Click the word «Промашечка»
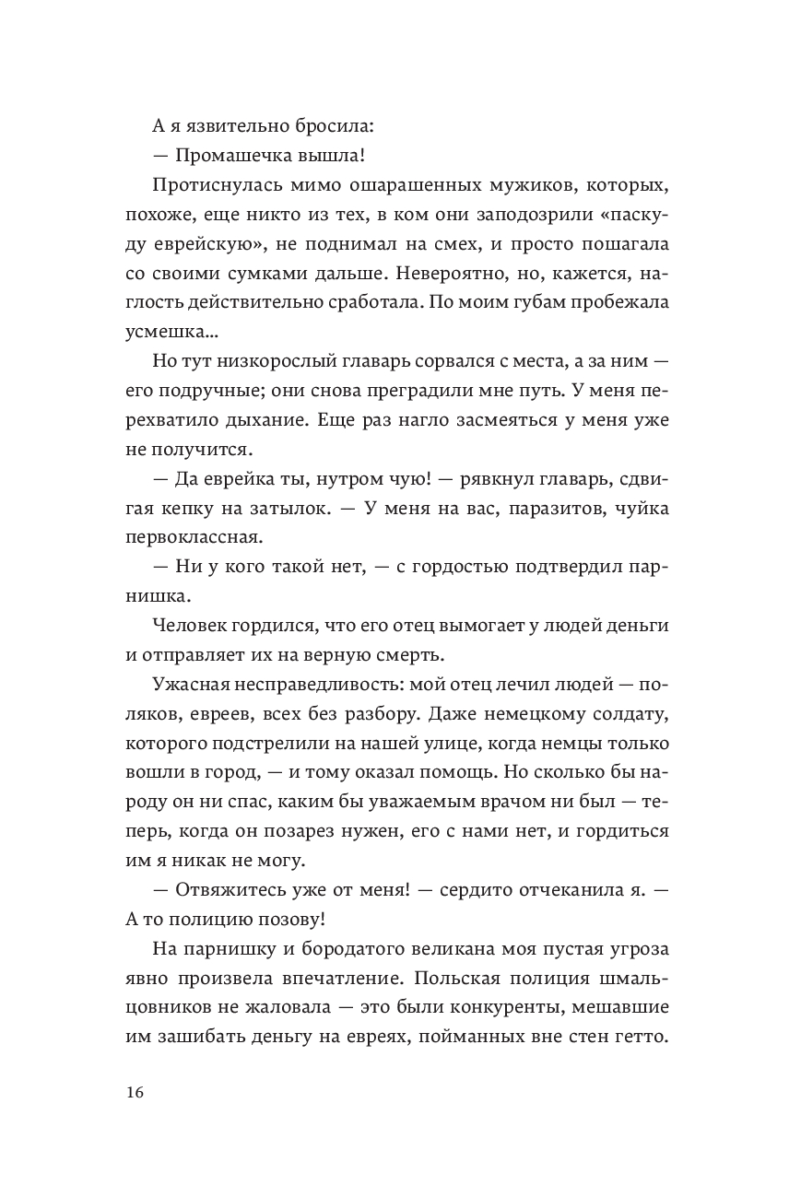[232, 155]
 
